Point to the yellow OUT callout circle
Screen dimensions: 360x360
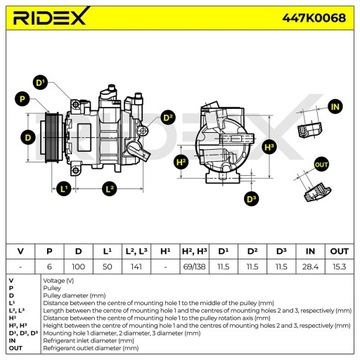321,162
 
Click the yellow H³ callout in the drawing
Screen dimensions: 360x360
269,147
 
